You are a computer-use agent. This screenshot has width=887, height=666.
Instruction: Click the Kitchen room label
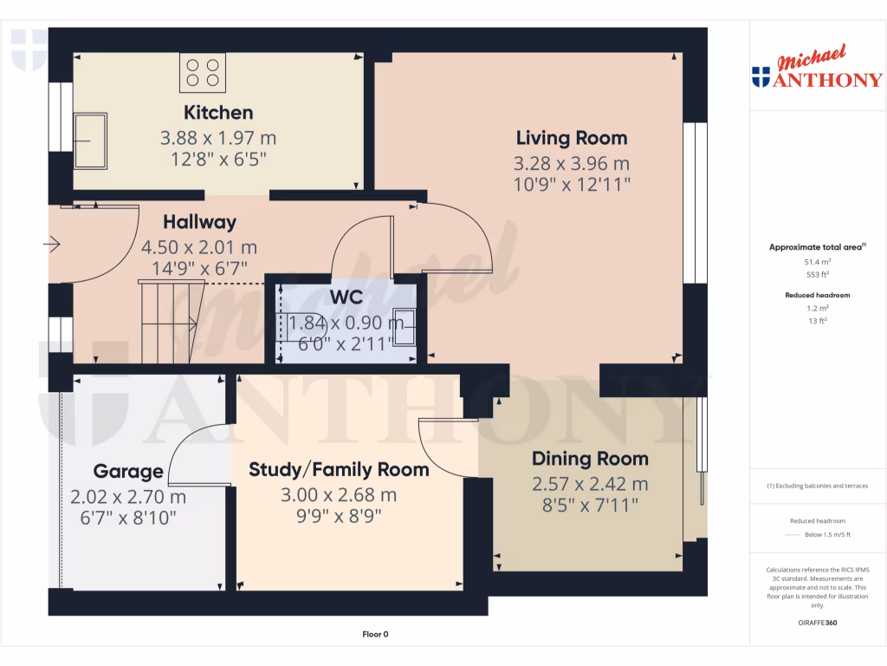pos(218,113)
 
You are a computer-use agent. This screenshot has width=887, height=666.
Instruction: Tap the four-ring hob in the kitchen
pos(203,72)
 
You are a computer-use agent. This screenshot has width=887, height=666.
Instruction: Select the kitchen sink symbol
pos(89,140)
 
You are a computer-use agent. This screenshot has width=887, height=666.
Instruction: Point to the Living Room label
pos(572,138)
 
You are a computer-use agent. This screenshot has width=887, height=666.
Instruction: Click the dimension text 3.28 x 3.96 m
pos(572,162)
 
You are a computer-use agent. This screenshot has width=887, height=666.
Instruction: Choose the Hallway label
pos(199,223)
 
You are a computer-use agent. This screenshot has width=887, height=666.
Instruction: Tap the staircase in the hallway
pos(169,323)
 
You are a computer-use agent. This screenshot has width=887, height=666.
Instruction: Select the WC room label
pos(346,297)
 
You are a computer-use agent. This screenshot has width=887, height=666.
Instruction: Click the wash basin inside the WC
pos(405,327)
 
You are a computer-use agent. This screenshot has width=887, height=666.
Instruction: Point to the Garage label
pos(128,472)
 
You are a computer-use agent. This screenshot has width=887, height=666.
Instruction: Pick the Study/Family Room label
pos(339,470)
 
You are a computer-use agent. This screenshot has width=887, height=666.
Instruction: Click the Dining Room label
pos(590,459)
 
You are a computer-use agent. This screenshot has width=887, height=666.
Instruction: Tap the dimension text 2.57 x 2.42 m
pos(590,484)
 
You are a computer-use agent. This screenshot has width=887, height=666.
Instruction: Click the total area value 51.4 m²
pos(818,260)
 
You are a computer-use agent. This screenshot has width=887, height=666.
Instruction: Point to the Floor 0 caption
pos(375,634)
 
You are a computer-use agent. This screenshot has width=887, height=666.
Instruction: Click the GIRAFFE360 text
pos(818,623)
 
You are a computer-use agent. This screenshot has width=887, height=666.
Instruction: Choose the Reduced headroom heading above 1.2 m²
pos(818,295)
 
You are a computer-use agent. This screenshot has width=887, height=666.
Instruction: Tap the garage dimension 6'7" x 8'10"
pos(128,518)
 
